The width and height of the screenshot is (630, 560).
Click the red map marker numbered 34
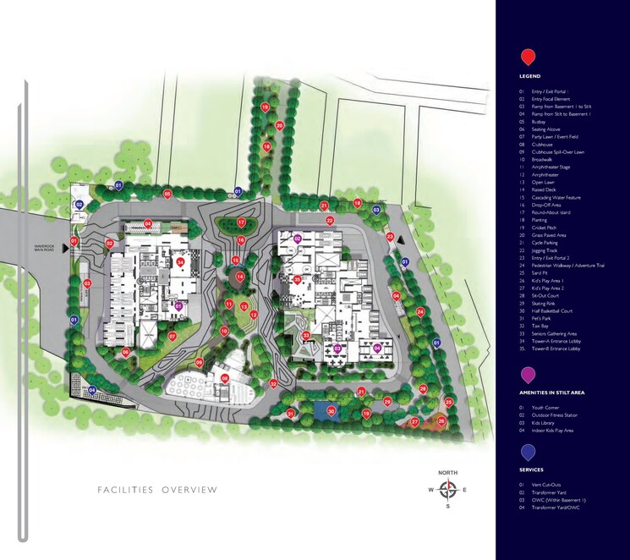(181, 262)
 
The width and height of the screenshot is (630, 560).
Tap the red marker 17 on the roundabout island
(241, 222)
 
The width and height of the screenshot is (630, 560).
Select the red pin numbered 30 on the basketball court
(331, 411)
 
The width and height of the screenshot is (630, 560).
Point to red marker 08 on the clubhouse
(225, 378)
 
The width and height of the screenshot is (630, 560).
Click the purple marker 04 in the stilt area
(377, 347)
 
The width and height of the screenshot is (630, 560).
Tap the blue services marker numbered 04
(92, 390)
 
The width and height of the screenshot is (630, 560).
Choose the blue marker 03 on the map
(376, 207)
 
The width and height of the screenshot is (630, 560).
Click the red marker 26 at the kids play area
(441, 420)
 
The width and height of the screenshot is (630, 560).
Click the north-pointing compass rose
(448, 489)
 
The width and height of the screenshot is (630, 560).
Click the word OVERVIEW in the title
(190, 490)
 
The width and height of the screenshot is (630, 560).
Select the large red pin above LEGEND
(528, 57)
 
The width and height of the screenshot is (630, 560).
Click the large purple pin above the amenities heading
(528, 374)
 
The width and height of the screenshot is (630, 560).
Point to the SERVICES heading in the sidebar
(532, 470)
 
